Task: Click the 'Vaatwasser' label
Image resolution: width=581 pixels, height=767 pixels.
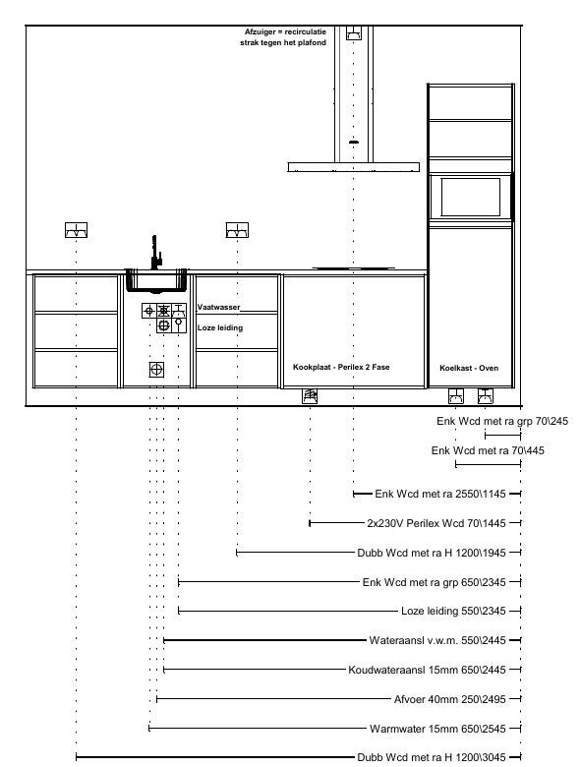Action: click(x=218, y=307)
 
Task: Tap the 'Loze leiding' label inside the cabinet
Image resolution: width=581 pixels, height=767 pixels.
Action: click(x=220, y=327)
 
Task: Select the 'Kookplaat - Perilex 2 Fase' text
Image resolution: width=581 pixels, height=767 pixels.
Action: click(x=341, y=367)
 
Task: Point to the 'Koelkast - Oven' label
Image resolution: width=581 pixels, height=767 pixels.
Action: click(x=469, y=368)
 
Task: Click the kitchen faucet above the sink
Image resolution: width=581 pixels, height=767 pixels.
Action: click(x=155, y=253)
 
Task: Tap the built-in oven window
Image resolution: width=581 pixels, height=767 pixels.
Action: click(x=471, y=197)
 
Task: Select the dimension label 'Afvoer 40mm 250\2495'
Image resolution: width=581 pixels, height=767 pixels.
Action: click(x=450, y=699)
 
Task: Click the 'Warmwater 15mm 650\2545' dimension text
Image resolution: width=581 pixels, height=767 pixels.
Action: click(x=437, y=729)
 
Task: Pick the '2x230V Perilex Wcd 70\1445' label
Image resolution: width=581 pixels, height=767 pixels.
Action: click(x=436, y=523)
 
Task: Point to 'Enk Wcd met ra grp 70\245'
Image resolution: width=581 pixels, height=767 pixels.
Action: click(x=502, y=421)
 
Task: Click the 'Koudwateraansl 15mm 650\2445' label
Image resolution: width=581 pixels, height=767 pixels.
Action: click(x=427, y=670)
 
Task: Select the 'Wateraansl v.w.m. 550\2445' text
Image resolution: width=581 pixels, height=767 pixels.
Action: click(x=437, y=640)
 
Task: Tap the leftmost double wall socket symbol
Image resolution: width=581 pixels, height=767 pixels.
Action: click(x=77, y=230)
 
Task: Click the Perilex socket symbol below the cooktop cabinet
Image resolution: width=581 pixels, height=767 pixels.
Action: click(x=310, y=395)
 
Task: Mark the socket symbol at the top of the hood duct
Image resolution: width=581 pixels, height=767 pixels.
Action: click(x=354, y=32)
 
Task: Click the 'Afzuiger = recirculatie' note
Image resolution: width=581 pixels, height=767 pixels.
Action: click(x=285, y=31)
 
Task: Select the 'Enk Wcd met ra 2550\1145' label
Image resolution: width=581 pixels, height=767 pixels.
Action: click(x=440, y=494)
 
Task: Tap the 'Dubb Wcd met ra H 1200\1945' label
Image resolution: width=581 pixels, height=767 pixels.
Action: click(x=432, y=553)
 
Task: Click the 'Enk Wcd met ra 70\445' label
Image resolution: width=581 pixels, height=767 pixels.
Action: click(x=488, y=450)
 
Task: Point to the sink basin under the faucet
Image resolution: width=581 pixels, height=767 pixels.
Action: click(x=156, y=281)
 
